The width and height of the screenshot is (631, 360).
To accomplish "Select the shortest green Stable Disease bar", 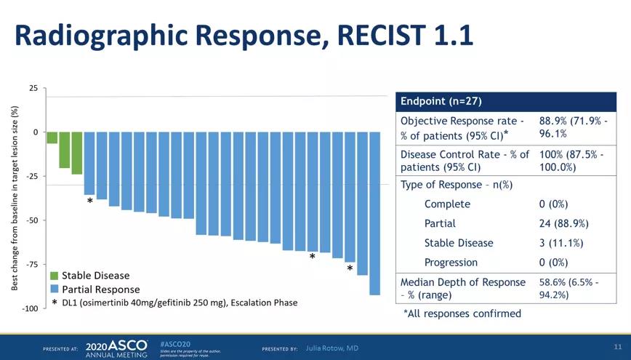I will click(52, 137).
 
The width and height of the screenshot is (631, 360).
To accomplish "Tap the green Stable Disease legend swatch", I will click(55, 276).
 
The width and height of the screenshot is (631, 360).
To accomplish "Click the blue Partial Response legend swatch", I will click(55, 289).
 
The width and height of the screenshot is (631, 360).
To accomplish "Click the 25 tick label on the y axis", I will click(33, 88).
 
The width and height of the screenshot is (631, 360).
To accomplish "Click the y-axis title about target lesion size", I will click(15, 198).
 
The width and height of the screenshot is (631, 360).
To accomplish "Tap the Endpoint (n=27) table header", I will click(441, 100).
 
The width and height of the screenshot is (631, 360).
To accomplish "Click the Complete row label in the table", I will click(447, 204).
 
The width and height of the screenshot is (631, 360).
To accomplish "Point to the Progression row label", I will click(451, 263).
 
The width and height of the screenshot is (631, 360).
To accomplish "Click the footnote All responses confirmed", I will click(462, 313).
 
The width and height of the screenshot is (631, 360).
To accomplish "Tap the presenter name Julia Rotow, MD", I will click(332, 348).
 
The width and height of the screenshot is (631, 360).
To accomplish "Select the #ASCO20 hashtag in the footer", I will click(174, 343).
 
